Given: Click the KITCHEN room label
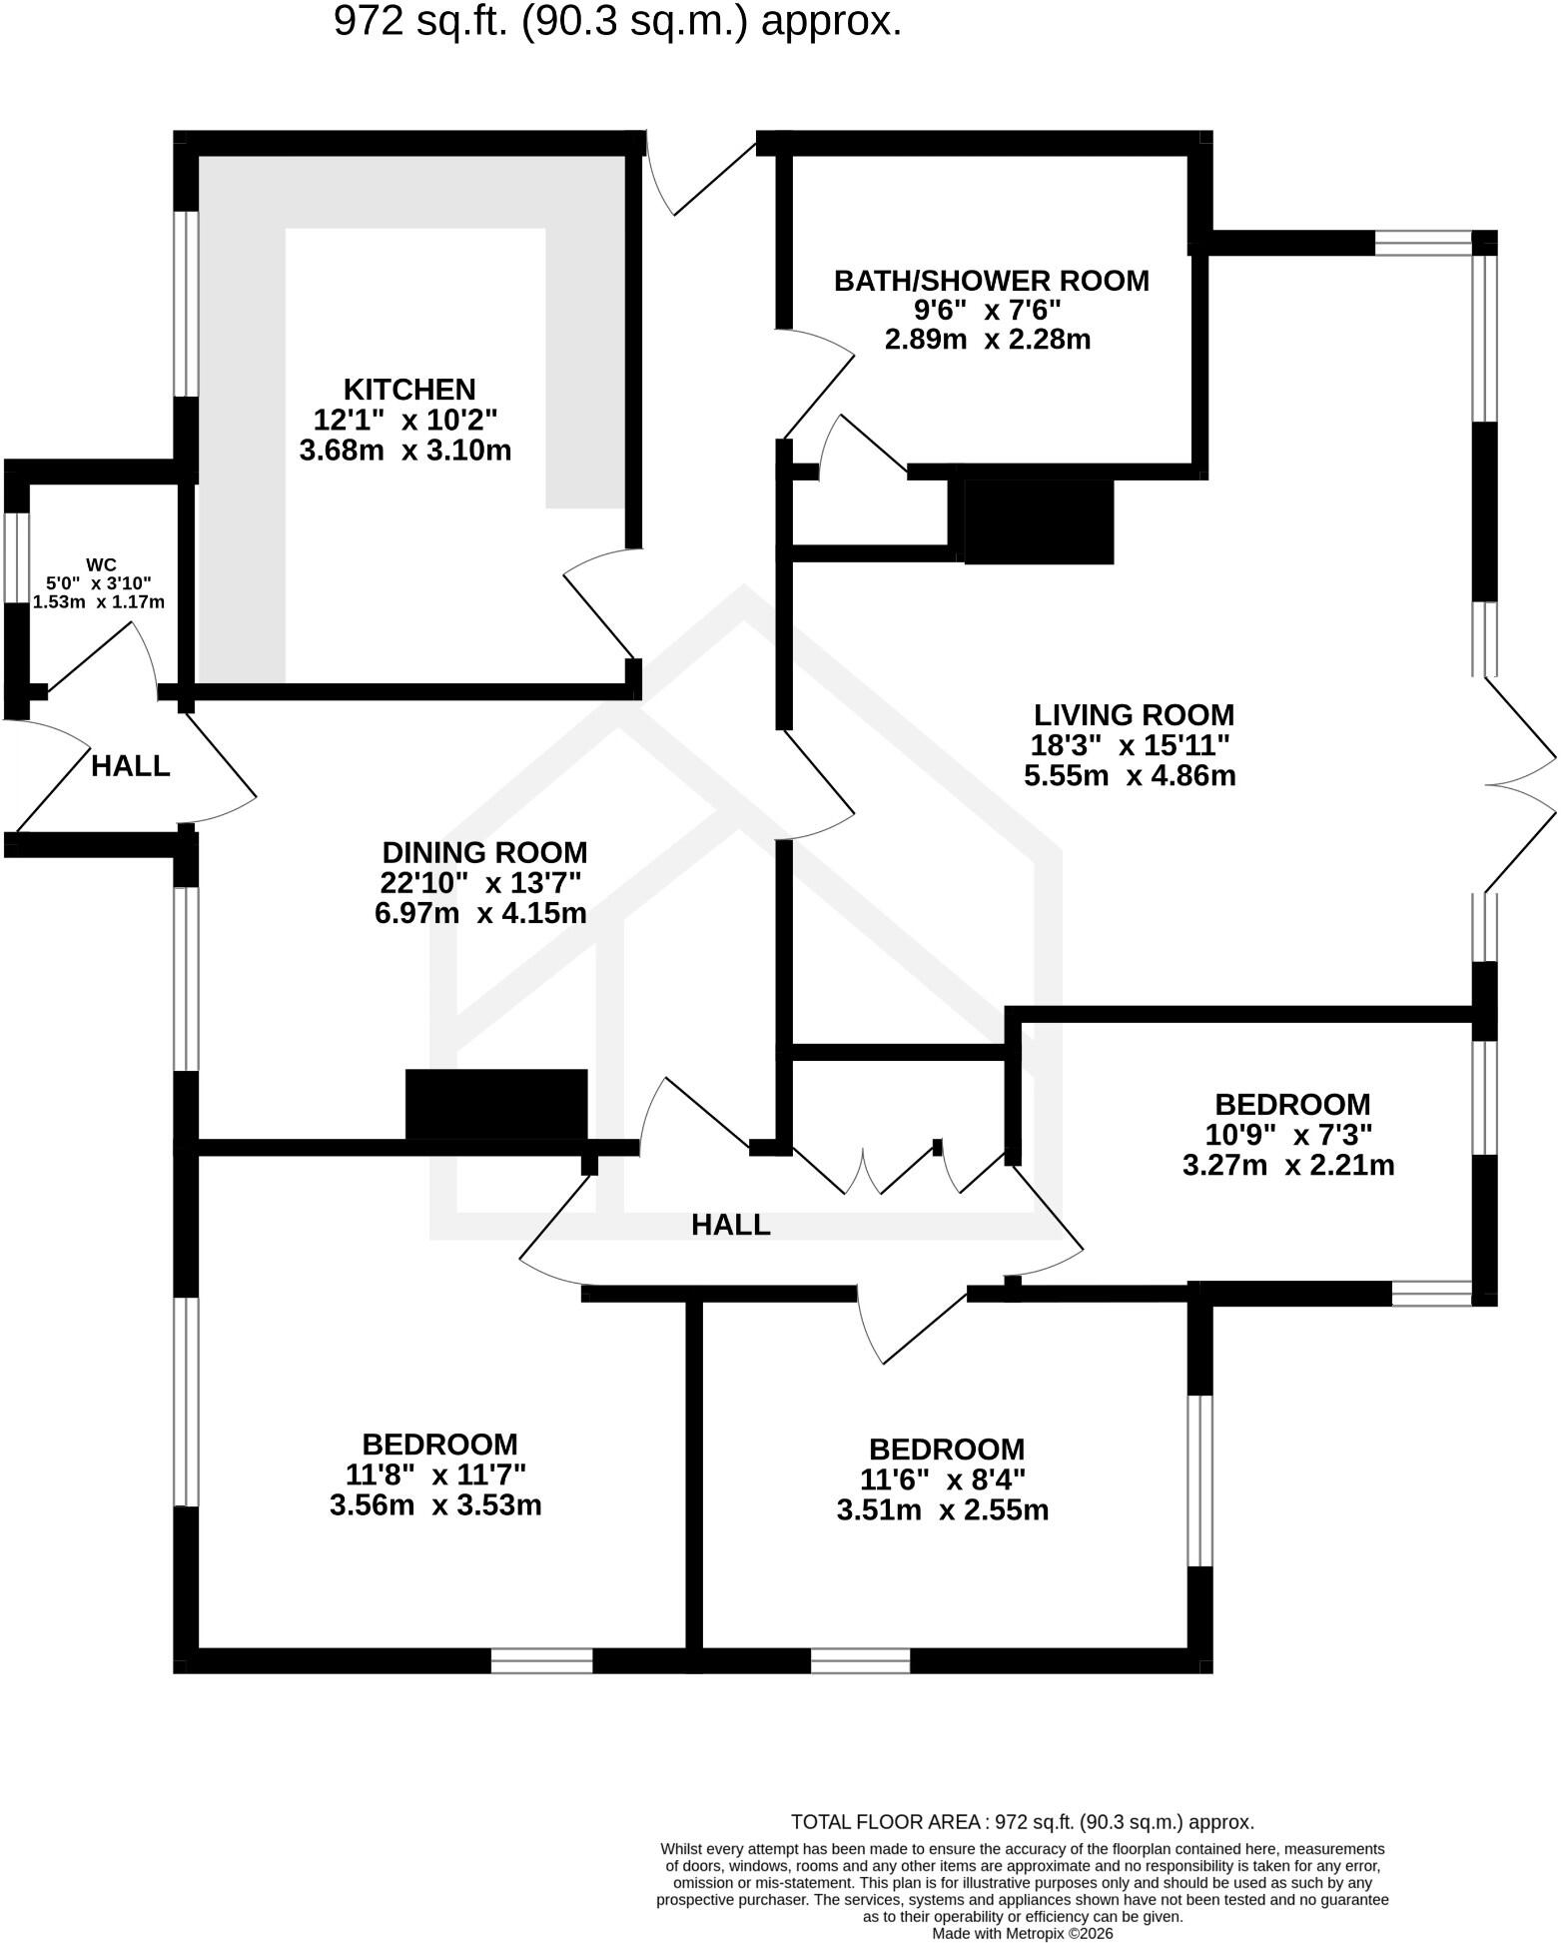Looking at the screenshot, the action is (x=409, y=389).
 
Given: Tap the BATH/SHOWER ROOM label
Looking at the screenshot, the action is (x=992, y=281).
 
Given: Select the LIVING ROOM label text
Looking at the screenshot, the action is (x=1134, y=715).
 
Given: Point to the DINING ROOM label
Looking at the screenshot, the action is (x=484, y=852).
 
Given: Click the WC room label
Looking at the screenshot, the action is (x=101, y=565).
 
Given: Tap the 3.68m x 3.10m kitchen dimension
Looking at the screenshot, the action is (x=405, y=451).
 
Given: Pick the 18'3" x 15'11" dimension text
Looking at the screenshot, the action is (x=1130, y=745).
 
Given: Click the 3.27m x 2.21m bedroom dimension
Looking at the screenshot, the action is (x=1288, y=1165).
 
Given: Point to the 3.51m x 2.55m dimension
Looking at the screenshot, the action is (x=943, y=1509).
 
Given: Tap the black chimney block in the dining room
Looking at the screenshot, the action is (x=496, y=1105).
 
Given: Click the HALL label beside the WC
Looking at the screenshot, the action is (x=131, y=766).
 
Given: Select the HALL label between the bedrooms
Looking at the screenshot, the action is (x=731, y=1225).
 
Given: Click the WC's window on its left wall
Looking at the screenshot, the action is (x=17, y=558).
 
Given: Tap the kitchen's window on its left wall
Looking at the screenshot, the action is (x=186, y=304).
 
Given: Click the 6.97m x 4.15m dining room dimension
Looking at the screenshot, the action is (x=480, y=913).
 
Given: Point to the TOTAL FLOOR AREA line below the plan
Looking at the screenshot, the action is (x=1023, y=1822).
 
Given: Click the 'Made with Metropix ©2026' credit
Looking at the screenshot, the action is (x=1023, y=1933).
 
